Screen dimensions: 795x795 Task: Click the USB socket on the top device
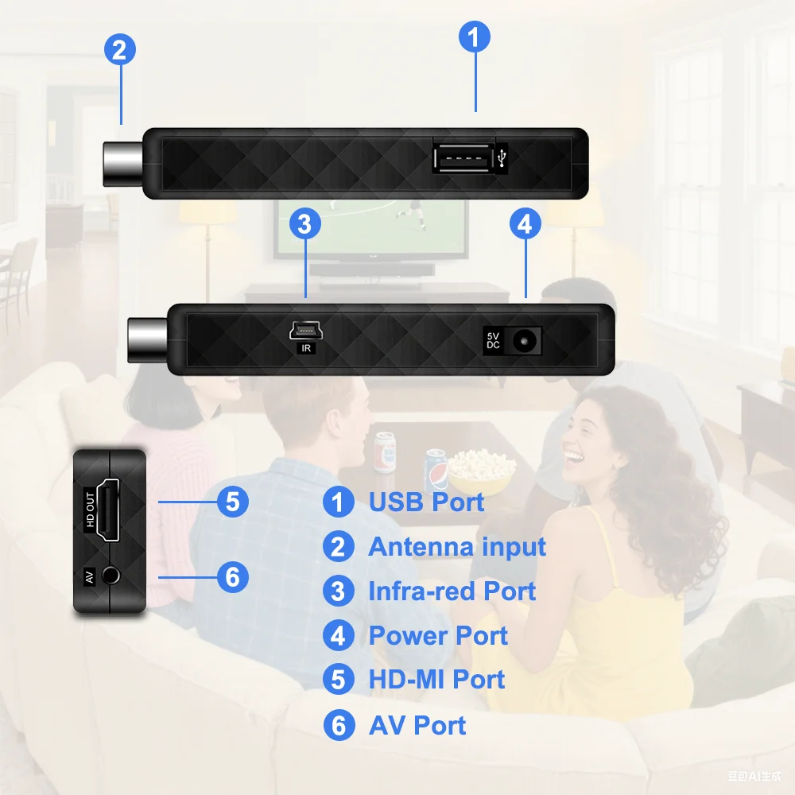[462, 157]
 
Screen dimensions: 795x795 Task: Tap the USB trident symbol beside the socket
[502, 158]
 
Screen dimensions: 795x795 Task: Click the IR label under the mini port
[305, 347]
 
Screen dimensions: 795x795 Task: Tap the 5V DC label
[493, 341]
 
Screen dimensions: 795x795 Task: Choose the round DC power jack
[523, 341]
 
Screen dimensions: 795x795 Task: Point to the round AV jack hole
[113, 574]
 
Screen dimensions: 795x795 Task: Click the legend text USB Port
[426, 502]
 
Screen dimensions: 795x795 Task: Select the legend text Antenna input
[457, 547]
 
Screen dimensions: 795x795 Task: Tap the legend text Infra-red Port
[452, 591]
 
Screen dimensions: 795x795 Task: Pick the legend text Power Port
[438, 636]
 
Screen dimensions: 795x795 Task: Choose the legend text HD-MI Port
[436, 680]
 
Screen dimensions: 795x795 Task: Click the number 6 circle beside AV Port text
[339, 726]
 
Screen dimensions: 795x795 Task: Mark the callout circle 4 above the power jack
[525, 224]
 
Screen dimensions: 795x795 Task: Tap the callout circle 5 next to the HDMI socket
[232, 502]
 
